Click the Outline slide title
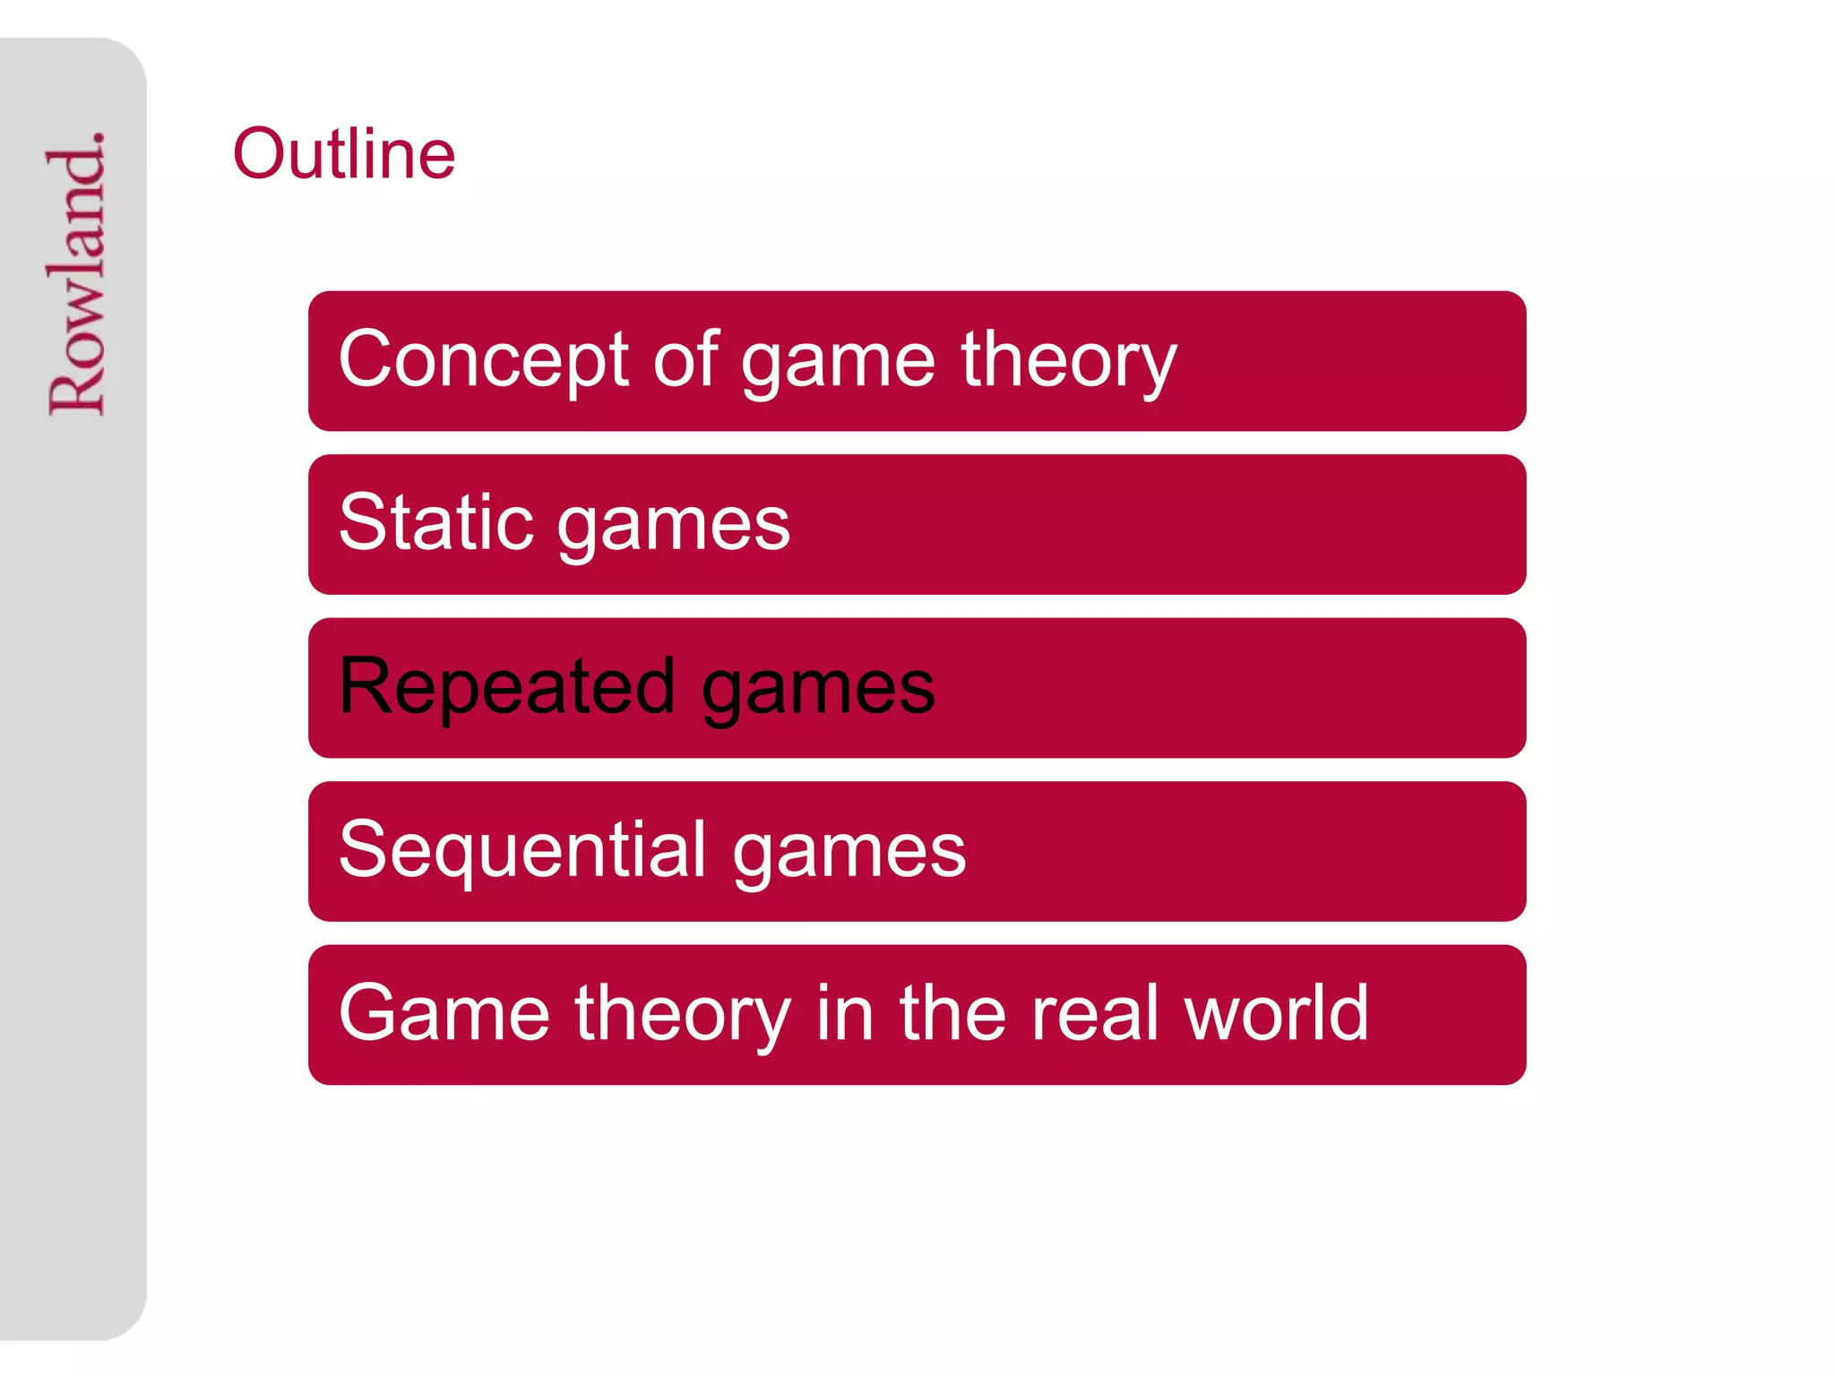click(x=344, y=154)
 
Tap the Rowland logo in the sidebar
click(x=77, y=273)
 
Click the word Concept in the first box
click(x=484, y=360)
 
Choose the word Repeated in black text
click(x=507, y=686)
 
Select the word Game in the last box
click(x=444, y=1013)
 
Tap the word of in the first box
click(x=686, y=360)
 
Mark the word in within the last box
click(x=845, y=1013)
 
